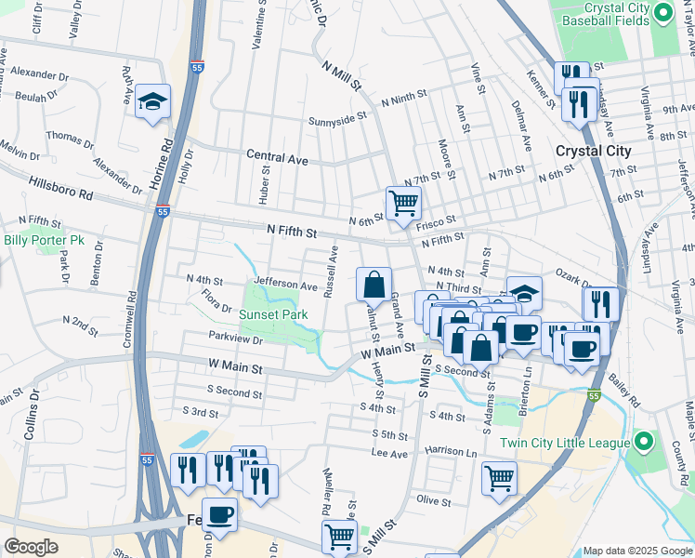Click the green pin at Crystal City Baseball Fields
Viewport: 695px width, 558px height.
click(662, 14)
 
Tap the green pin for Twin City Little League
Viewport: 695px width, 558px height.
click(642, 442)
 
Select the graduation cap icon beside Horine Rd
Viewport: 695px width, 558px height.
click(152, 101)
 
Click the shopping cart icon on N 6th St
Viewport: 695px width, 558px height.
click(403, 202)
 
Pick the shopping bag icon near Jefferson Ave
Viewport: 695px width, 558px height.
click(374, 284)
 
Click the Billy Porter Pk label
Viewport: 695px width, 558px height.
click(44, 240)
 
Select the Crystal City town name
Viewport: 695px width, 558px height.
click(592, 151)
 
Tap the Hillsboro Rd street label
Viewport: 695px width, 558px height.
click(61, 189)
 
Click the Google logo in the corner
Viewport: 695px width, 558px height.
click(32, 546)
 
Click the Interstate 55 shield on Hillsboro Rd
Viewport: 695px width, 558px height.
click(163, 211)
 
